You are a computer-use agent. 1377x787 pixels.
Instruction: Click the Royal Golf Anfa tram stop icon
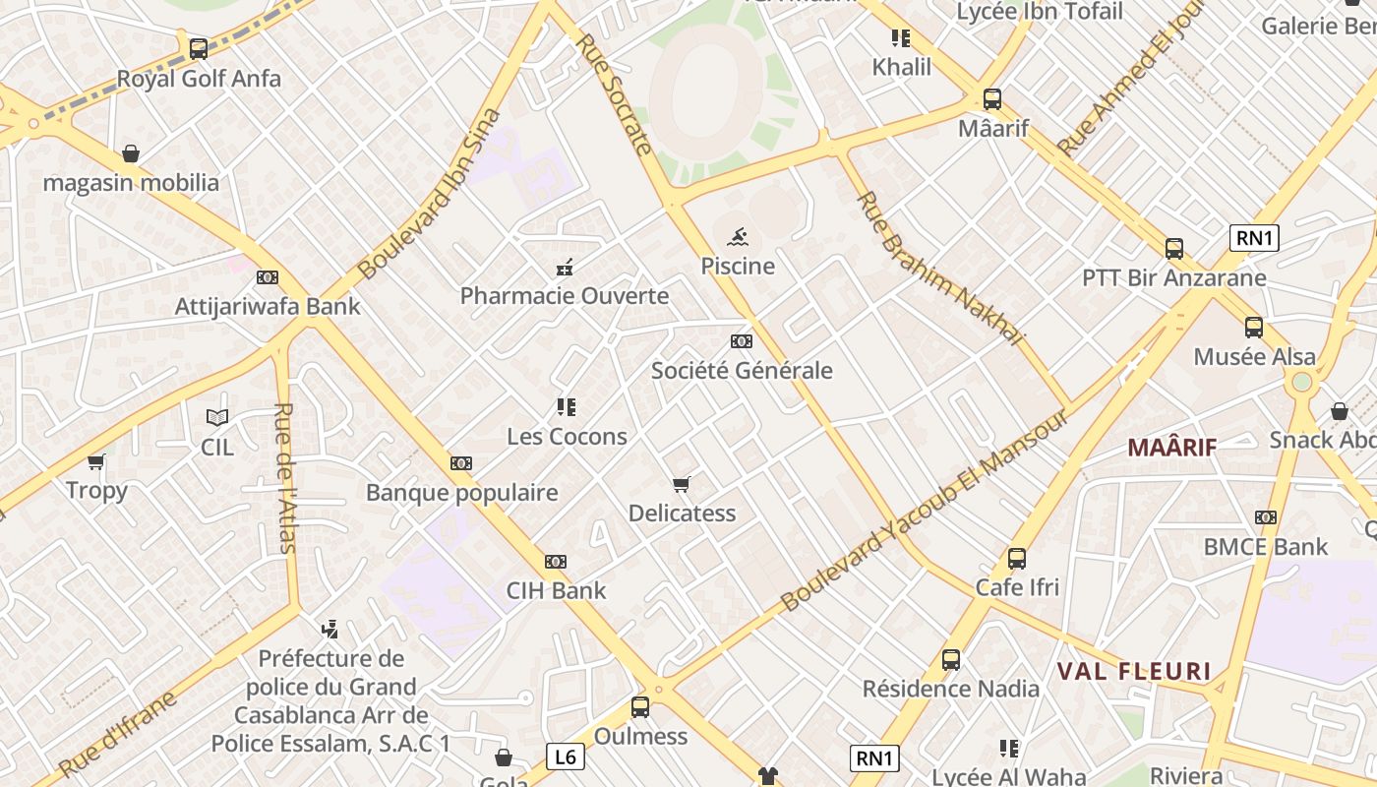click(198, 48)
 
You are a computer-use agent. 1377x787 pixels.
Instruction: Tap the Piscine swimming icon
click(738, 236)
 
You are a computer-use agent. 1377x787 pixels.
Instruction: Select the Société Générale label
click(742, 371)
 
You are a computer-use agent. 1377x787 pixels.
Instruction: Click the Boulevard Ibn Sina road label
click(429, 193)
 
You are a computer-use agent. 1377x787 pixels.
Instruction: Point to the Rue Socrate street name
click(614, 94)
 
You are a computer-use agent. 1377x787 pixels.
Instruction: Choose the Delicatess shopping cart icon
click(681, 484)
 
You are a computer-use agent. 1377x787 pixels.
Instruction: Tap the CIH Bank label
click(556, 591)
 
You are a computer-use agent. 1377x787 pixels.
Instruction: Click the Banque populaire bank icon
click(461, 463)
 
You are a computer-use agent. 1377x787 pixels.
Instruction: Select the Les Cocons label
click(567, 437)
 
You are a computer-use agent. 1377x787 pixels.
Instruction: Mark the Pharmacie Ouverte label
click(565, 296)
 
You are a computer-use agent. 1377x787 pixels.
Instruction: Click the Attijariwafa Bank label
click(268, 307)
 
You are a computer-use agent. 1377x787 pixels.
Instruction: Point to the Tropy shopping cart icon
click(96, 461)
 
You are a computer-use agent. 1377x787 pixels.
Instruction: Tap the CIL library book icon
click(217, 417)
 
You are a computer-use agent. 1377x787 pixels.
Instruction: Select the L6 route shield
click(565, 757)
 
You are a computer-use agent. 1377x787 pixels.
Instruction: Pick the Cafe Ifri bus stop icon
click(1017, 559)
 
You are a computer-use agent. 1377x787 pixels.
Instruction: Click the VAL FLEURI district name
click(1134, 672)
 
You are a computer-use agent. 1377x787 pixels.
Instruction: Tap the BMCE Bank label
click(1266, 547)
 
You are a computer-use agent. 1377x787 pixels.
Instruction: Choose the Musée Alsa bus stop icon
click(1253, 328)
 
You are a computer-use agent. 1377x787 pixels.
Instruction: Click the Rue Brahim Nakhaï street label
click(939, 269)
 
